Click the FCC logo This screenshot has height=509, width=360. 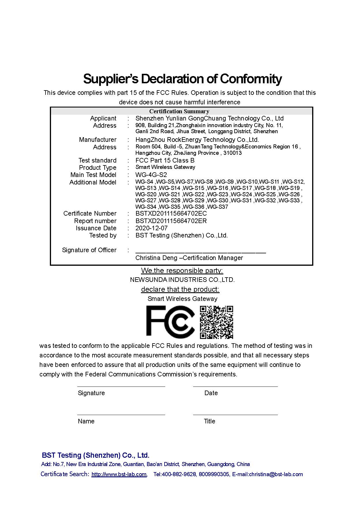pos(170,322)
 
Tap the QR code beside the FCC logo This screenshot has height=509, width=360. pos(216,322)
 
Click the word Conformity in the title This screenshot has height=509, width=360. pos(251,78)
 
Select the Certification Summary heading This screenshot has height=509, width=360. pos(179,111)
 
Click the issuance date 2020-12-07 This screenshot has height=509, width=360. pos(151,228)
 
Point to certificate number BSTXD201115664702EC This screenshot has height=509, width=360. pos(171,214)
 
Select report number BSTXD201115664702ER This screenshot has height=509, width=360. pos(171,221)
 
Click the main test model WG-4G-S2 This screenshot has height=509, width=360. pos(151,175)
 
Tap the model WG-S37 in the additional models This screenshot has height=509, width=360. pos(218,207)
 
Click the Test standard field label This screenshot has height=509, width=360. pos(97,160)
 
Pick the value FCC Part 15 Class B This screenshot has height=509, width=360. pos(165,160)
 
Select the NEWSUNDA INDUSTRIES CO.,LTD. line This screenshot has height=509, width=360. pos(182,280)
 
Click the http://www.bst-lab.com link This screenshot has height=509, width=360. pos(119,474)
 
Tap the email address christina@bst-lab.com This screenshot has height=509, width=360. pos(276,474)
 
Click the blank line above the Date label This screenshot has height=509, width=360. pos(235,386)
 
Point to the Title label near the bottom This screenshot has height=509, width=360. pos(210,421)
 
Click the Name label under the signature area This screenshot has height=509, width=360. pos(86,421)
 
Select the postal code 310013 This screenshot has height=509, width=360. pos(233,153)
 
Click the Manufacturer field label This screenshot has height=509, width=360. pos(98,140)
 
